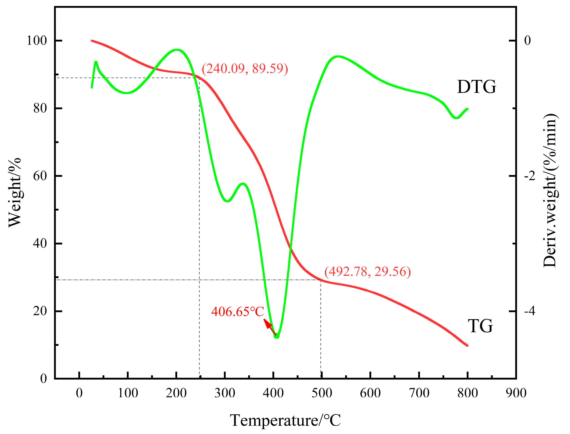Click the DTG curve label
tap(476, 87)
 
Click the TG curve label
tap(480, 326)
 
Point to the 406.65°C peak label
tap(237, 312)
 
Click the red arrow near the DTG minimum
tap(269, 326)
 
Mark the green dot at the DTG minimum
tap(277, 336)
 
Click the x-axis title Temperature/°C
tap(285, 420)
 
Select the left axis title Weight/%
tap(15, 192)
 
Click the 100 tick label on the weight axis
tap(37, 41)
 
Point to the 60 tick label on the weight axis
tap(40, 176)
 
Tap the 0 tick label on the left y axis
tap(43, 379)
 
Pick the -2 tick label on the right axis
tap(530, 176)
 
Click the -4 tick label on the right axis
tap(530, 311)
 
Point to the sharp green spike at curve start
tap(96, 62)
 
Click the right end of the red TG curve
tap(467, 345)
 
